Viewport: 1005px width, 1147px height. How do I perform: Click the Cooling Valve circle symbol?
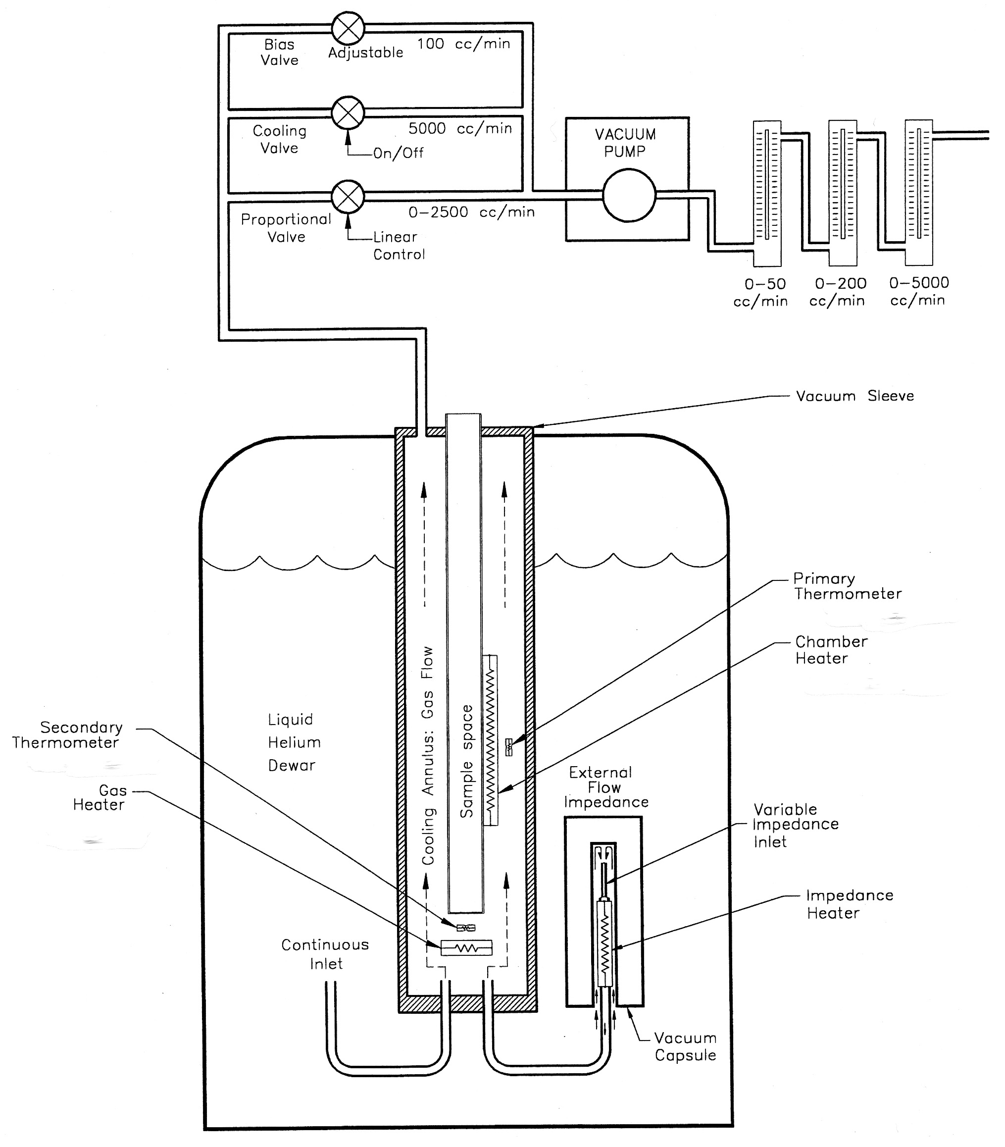coord(348,112)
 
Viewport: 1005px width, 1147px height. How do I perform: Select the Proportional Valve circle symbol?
coord(348,196)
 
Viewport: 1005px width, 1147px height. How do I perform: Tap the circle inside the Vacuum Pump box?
coord(629,196)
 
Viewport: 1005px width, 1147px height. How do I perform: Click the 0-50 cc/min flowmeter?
coord(766,194)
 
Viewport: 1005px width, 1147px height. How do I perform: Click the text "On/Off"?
coord(398,153)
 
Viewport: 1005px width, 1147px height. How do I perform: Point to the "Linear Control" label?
coord(398,246)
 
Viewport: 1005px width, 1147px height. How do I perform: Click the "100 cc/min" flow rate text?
coord(463,44)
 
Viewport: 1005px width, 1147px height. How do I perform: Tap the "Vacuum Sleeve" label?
coord(854,396)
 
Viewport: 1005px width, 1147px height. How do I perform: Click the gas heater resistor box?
coord(466,948)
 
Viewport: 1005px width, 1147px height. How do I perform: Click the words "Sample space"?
coord(466,761)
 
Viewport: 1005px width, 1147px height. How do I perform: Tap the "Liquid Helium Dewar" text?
coord(293,742)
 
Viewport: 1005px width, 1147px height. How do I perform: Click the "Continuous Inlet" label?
coord(325,954)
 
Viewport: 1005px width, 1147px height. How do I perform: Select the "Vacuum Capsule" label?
coord(685,1046)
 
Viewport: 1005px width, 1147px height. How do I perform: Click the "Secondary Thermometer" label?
coord(67,735)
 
